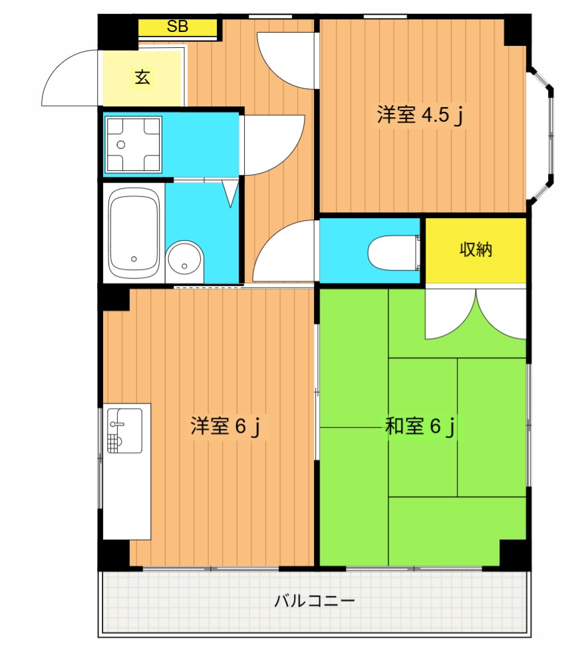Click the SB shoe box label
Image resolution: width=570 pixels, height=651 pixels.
point(178,27)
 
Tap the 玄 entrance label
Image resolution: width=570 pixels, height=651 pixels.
point(142,77)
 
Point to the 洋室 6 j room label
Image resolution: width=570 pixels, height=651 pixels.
point(225,426)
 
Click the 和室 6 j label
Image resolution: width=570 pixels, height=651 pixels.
point(420,426)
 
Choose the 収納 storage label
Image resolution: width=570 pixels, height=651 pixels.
point(476,249)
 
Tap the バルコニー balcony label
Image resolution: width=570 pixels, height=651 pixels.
point(315,600)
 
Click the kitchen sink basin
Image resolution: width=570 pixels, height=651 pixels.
point(124,430)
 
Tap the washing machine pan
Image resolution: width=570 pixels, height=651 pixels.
point(133,144)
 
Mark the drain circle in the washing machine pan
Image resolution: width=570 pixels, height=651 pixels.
point(121,145)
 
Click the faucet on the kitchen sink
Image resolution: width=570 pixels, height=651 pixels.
point(116,424)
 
